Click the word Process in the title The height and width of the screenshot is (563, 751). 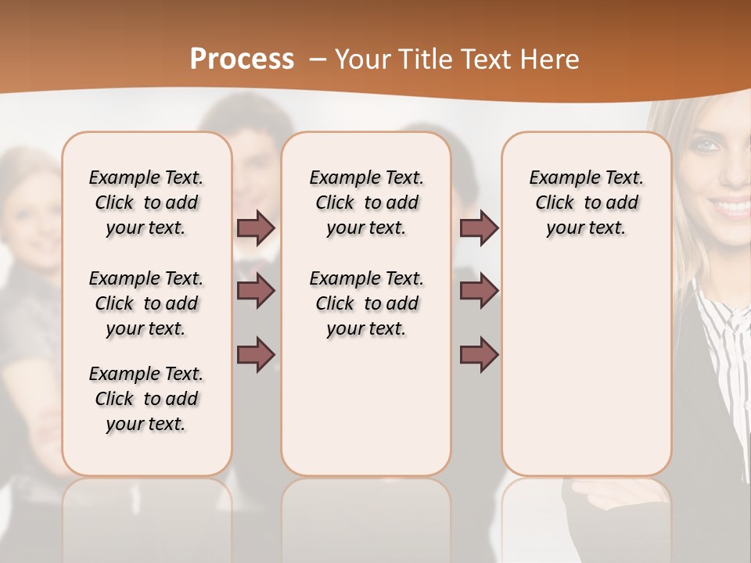click(242, 59)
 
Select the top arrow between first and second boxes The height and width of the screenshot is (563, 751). click(256, 228)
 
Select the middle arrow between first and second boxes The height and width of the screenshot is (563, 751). click(256, 291)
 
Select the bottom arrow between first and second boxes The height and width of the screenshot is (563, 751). click(256, 355)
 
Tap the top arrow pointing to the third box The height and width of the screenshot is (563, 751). click(479, 228)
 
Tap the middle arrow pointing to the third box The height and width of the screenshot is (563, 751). click(479, 291)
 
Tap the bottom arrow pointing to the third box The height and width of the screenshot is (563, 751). click(479, 355)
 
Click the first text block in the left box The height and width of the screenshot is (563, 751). click(146, 203)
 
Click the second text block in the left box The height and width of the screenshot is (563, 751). click(146, 303)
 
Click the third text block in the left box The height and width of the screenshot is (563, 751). click(146, 399)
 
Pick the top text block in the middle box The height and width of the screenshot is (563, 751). click(367, 203)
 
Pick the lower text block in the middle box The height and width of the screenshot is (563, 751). click(367, 303)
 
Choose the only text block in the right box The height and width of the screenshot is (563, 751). click(587, 203)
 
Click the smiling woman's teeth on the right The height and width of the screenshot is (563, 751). click(729, 208)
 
